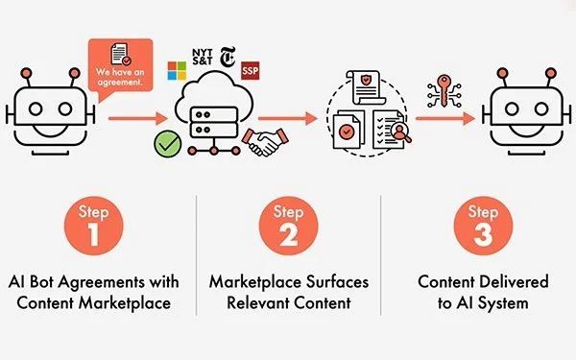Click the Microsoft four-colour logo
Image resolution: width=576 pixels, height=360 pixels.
pyautogui.click(x=177, y=70)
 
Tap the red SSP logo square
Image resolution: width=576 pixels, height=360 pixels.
pyautogui.click(x=251, y=70)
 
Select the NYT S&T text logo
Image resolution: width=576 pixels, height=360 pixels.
pyautogui.click(x=202, y=57)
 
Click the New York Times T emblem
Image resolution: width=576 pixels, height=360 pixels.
pyautogui.click(x=228, y=57)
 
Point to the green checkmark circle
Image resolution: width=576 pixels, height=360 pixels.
pyautogui.click(x=167, y=144)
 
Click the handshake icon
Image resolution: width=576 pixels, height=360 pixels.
pyautogui.click(x=265, y=142)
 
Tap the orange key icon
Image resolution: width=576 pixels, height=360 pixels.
pyautogui.click(x=444, y=91)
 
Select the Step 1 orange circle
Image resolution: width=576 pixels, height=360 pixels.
pyautogui.click(x=94, y=226)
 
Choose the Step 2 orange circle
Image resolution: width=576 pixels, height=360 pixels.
pyautogui.click(x=288, y=226)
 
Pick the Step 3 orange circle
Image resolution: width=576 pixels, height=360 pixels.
pyautogui.click(x=483, y=226)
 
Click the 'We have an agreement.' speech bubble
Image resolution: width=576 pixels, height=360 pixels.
pyautogui.click(x=121, y=66)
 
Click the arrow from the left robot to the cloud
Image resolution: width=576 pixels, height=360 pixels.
pyautogui.click(x=138, y=118)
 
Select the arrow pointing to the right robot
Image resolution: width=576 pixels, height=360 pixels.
pyautogui.click(x=445, y=118)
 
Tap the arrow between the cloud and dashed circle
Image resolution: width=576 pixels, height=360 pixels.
pyautogui.click(x=288, y=118)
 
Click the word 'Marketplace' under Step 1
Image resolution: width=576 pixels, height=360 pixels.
pyautogui.click(x=125, y=303)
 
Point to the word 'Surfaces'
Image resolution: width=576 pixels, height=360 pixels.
pyautogui.click(x=338, y=282)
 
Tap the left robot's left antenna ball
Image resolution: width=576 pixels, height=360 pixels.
pyautogui.click(x=26, y=73)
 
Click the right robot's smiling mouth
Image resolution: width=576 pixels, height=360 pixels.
pyautogui.click(x=526, y=130)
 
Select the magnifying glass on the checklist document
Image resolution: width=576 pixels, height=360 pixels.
pyautogui.click(x=401, y=133)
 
